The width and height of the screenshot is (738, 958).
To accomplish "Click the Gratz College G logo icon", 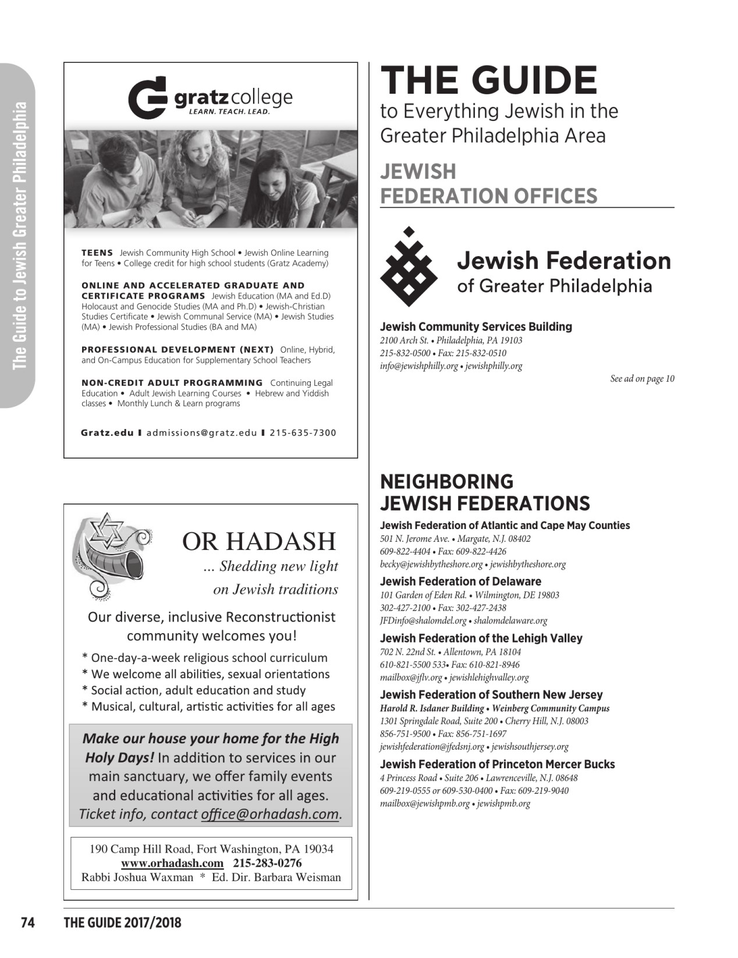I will tap(147, 98).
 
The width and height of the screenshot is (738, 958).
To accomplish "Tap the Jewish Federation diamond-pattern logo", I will tap(409, 267).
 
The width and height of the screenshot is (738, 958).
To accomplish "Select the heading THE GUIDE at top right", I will tap(488, 80).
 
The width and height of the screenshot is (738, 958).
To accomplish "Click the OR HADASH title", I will tap(259, 541).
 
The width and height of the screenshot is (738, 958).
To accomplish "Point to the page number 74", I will tap(28, 922).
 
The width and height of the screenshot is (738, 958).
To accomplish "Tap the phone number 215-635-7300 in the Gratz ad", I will tap(303, 433).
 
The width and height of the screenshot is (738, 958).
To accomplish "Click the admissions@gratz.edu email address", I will tap(201, 433).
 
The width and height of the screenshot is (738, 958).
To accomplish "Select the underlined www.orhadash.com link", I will tap(172, 863).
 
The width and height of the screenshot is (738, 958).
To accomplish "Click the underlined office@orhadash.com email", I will tap(269, 814).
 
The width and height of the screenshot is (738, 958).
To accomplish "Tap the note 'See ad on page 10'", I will tap(642, 379).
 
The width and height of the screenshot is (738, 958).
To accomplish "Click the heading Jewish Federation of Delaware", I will tap(460, 581).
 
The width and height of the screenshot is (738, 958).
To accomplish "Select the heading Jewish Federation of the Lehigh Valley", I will tap(481, 638).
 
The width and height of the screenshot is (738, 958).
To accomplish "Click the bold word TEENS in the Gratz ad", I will tap(97, 253).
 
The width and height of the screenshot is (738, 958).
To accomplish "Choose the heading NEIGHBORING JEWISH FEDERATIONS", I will tap(485, 492).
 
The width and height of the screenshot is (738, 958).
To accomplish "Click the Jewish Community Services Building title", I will tap(476, 327).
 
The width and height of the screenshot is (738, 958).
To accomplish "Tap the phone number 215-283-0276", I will tap(267, 863).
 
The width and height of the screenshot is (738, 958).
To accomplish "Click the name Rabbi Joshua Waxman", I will tap(137, 878).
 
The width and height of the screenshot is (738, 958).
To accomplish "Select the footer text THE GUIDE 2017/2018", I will tap(122, 922).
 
